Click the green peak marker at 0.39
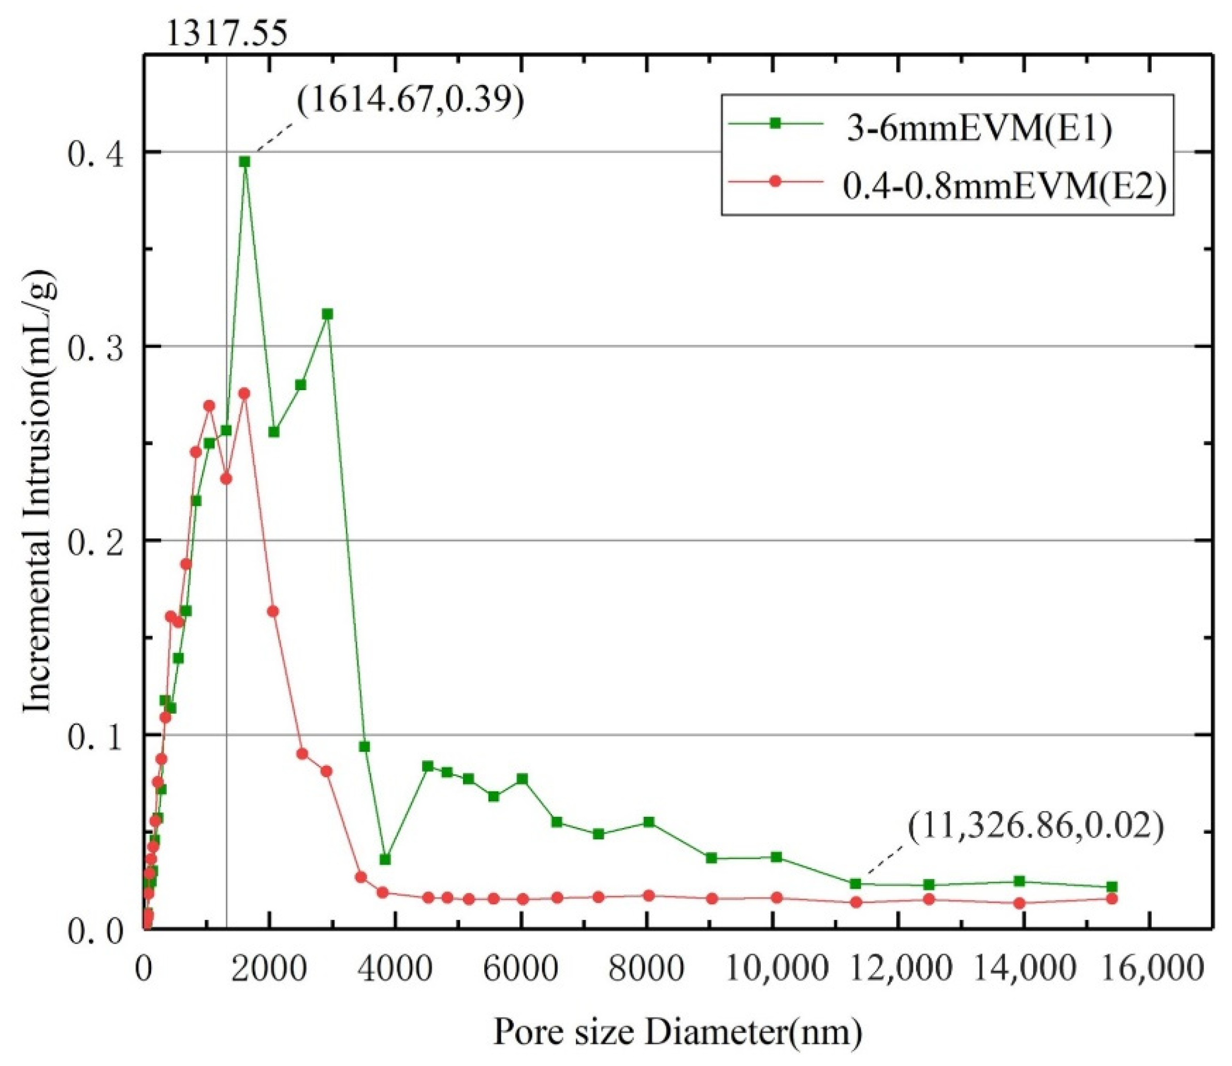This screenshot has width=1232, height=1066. pyautogui.click(x=244, y=161)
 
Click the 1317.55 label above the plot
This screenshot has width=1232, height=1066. pyautogui.click(x=226, y=33)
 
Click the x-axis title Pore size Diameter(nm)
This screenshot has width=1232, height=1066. pyautogui.click(x=677, y=1032)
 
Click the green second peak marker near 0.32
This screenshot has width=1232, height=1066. pyautogui.click(x=327, y=314)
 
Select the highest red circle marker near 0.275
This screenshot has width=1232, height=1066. pyautogui.click(x=244, y=393)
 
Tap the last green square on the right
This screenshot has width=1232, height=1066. pyautogui.click(x=1112, y=886)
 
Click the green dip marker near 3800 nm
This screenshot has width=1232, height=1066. pyautogui.click(x=385, y=859)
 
